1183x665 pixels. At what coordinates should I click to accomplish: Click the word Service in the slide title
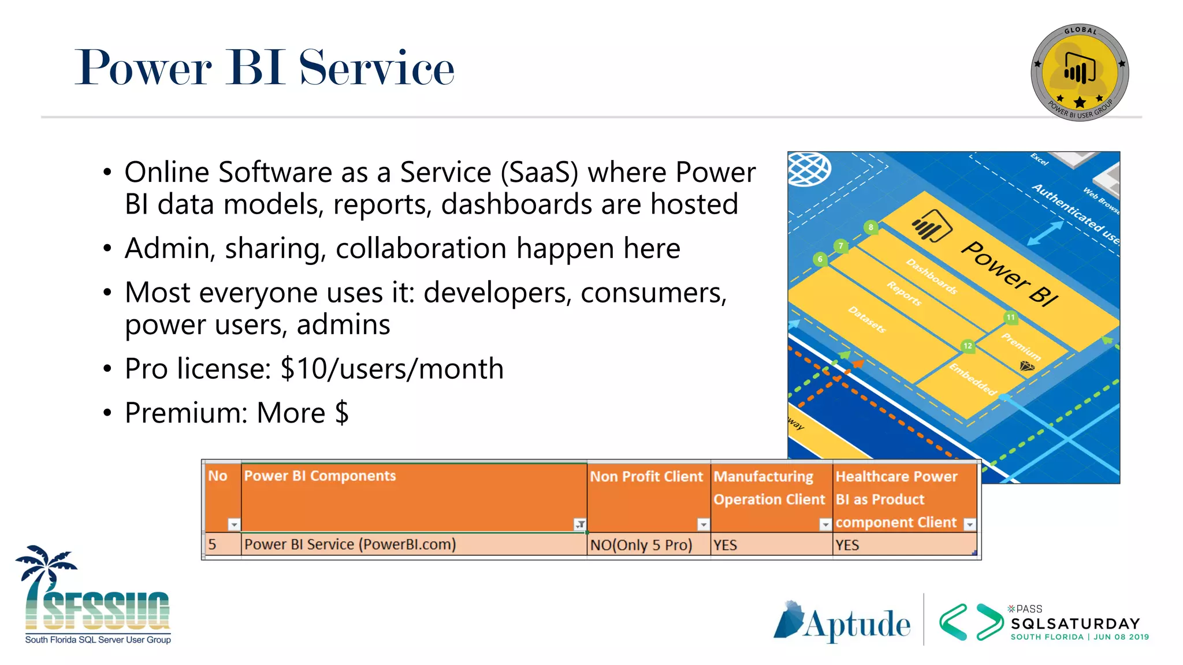click(x=377, y=68)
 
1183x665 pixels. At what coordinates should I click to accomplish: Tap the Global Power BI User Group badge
click(x=1080, y=73)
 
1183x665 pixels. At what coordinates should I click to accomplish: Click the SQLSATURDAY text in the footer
click(x=1075, y=624)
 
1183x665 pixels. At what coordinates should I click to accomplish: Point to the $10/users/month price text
click(x=392, y=369)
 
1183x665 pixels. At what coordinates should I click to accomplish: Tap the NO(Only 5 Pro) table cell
click(x=641, y=545)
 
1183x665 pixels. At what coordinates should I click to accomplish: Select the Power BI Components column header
click(x=320, y=476)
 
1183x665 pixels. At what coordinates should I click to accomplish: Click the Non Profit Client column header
click(x=646, y=477)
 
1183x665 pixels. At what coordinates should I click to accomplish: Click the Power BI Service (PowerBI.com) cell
click(x=350, y=544)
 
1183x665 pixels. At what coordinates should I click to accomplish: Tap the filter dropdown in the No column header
click(x=233, y=524)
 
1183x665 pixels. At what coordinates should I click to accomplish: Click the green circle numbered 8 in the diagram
click(x=870, y=227)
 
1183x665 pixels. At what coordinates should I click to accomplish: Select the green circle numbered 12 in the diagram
click(x=968, y=346)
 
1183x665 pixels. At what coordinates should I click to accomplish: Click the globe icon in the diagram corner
click(x=810, y=169)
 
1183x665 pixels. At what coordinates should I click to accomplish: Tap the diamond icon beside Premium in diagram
click(x=1027, y=366)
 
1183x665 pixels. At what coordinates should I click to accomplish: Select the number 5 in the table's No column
click(x=213, y=544)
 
